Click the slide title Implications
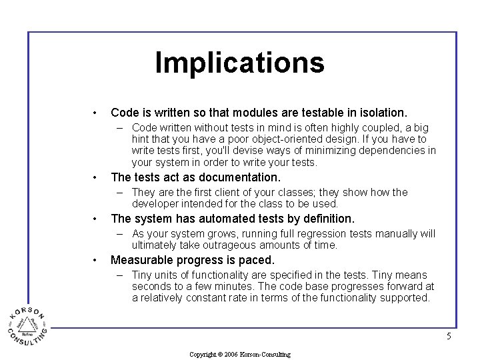(239, 63)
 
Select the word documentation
(240, 177)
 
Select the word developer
(155, 204)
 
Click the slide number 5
(449, 337)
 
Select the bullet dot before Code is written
(96, 113)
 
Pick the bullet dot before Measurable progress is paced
(96, 260)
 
